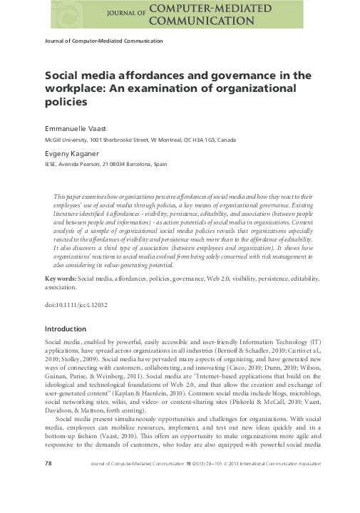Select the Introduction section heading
(65, 328)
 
